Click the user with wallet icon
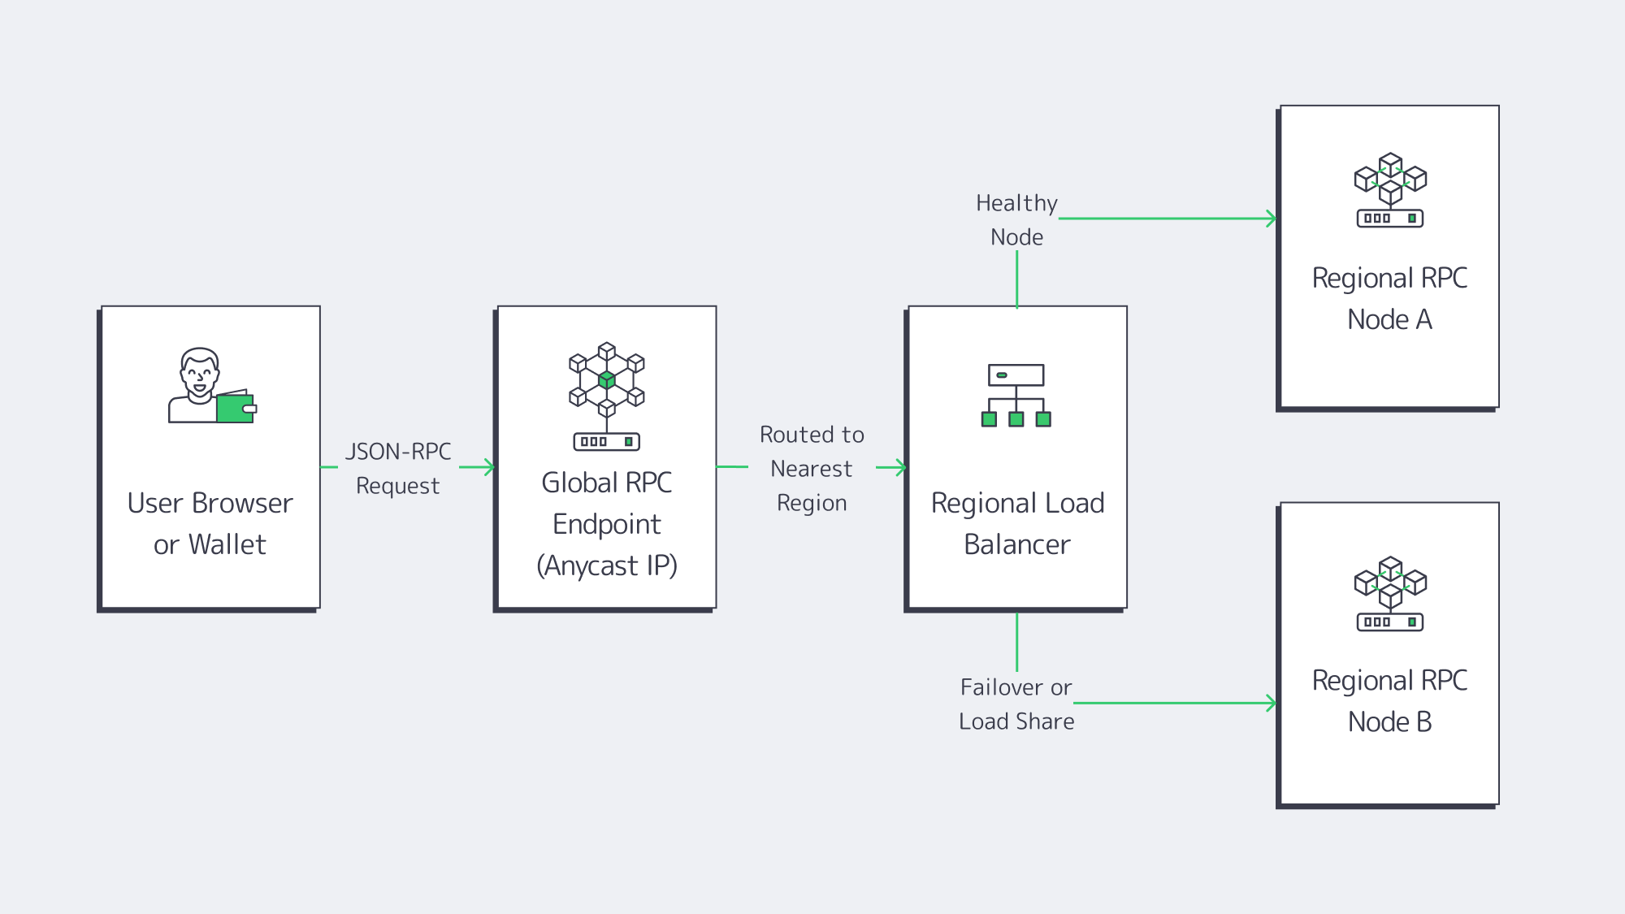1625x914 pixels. click(x=210, y=386)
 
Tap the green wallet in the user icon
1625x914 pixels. click(x=236, y=408)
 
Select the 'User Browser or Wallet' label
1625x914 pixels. click(x=210, y=524)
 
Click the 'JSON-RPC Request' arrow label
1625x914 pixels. click(x=398, y=469)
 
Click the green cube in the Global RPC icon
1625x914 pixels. click(x=607, y=379)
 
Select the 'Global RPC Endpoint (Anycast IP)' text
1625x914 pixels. click(x=607, y=524)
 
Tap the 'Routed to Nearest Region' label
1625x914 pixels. click(x=812, y=469)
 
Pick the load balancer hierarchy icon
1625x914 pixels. click(x=1016, y=396)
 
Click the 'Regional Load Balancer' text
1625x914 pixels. click(x=1017, y=524)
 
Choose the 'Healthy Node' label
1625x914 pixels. click(x=1017, y=220)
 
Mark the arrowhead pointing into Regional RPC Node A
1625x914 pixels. click(x=1272, y=219)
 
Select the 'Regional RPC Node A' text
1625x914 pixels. click(x=1390, y=299)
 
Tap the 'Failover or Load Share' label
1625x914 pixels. click(x=1016, y=704)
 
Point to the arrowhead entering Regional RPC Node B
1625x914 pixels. click(x=1272, y=704)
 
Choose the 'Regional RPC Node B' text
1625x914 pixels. click(x=1390, y=701)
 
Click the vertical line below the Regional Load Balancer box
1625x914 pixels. click(x=1017, y=642)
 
